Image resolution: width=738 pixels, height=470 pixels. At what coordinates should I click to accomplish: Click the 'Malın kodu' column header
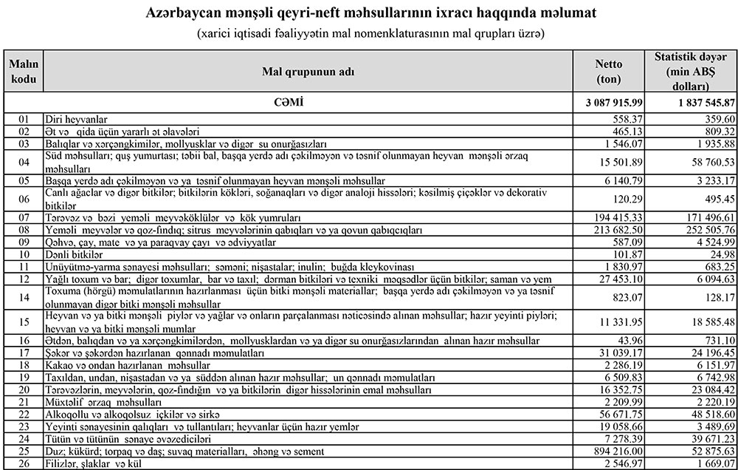24,71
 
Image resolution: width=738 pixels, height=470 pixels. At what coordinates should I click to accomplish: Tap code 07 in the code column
24,218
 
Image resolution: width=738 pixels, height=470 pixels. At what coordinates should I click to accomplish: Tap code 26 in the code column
24,463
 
